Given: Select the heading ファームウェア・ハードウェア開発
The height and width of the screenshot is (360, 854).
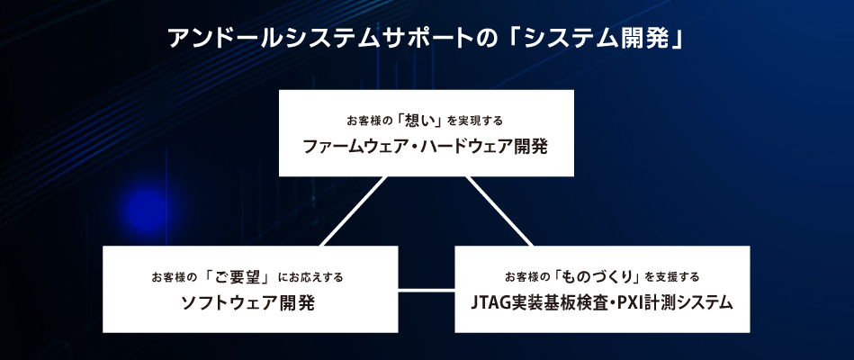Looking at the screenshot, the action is pos(425,147).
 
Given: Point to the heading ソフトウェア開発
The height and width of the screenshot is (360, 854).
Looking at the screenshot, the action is pos(248,303).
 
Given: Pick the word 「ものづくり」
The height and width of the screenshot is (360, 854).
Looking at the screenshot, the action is pos(598,276).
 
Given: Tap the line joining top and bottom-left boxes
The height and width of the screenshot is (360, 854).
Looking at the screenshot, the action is pos(354,211).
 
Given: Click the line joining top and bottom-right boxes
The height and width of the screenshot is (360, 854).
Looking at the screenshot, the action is pos(499,211).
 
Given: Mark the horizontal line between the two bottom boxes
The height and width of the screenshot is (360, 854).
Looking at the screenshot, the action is pos(426,290).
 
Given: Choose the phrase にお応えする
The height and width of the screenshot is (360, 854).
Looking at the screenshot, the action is pos(311,278).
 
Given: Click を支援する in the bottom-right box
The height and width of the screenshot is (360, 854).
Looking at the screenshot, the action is pos(671,277).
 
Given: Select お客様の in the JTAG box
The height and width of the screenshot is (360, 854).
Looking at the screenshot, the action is pos(527,277).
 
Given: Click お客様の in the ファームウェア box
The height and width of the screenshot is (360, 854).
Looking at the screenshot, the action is pos(369,121).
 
